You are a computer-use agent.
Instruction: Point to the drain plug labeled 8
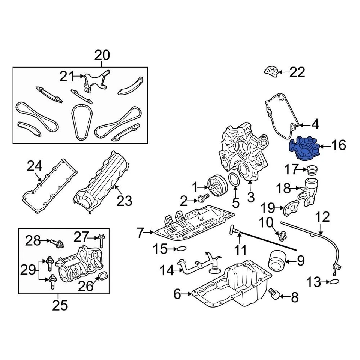pos(274,294)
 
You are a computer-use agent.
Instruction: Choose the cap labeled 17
pos(312,171)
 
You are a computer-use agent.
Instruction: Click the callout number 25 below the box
pos(60,306)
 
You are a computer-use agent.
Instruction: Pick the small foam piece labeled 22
pos(271,72)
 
